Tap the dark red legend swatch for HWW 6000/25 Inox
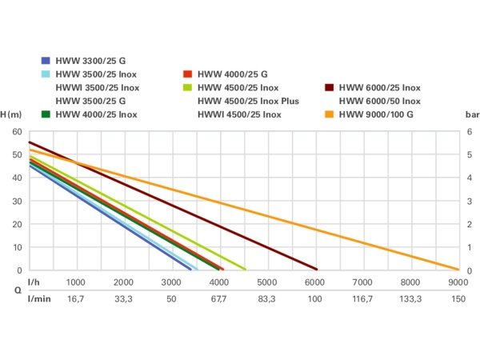pyautogui.click(x=330, y=87)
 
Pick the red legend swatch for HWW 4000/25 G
pyautogui.click(x=188, y=74)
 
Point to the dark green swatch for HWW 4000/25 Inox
pyautogui.click(x=46, y=114)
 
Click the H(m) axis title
pyautogui.click(x=11, y=114)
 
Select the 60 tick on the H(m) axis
pyautogui.click(x=17, y=131)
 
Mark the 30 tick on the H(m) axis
pyautogui.click(x=17, y=201)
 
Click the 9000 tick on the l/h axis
pyautogui.click(x=458, y=282)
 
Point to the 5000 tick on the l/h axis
pyautogui.click(x=266, y=282)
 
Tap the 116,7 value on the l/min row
pyautogui.click(x=362, y=298)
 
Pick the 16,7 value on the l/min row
pyautogui.click(x=75, y=298)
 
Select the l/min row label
pyautogui.click(x=37, y=298)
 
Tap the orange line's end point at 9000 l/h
pyautogui.click(x=458, y=270)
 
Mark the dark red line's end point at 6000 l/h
pyautogui.click(x=317, y=270)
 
